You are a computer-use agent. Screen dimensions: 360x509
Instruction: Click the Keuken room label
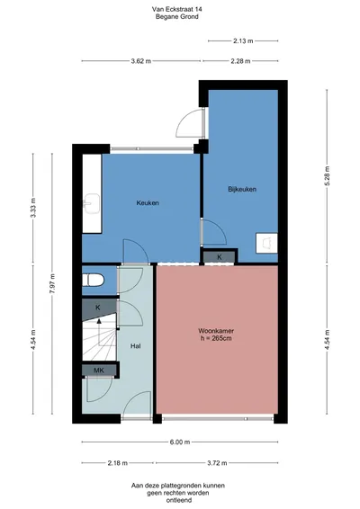click(148, 203)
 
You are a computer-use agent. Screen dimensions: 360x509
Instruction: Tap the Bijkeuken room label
click(242, 189)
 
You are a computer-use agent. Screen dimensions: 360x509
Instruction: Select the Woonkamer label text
click(216, 331)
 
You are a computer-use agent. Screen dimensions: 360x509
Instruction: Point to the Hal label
click(136, 346)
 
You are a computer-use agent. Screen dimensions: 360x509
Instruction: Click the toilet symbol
click(94, 281)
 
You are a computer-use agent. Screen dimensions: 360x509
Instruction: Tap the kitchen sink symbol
click(91, 204)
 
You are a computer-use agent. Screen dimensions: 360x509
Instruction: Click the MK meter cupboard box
click(99, 371)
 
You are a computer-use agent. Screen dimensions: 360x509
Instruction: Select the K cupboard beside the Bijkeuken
click(220, 257)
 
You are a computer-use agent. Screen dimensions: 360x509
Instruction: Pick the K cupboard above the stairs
click(98, 308)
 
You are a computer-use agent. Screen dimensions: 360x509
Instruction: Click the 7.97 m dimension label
click(52, 283)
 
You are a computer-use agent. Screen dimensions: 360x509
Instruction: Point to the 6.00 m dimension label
click(180, 442)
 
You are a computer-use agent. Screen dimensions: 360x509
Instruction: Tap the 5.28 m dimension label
click(327, 175)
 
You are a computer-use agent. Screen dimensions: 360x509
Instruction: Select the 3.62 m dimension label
click(141, 61)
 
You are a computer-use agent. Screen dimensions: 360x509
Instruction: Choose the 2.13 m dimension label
click(243, 40)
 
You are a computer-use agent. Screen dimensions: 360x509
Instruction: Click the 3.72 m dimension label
click(217, 463)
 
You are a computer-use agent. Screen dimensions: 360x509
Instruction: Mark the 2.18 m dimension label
click(118, 463)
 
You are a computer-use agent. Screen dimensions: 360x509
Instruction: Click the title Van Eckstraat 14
click(176, 9)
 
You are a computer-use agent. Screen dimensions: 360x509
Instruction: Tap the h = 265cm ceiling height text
click(216, 338)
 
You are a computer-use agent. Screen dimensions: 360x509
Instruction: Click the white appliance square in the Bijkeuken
click(266, 243)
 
